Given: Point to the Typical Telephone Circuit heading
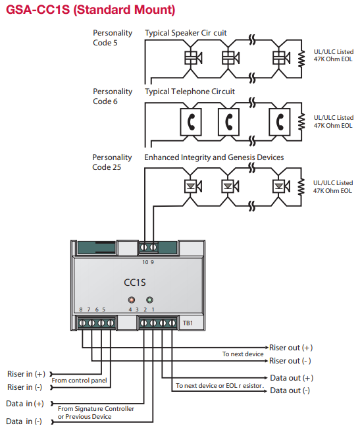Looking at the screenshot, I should [190, 92].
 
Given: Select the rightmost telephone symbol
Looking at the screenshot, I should [281, 121].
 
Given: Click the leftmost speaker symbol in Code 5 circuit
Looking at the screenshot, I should [192, 58].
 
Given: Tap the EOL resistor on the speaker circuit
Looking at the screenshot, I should [301, 58].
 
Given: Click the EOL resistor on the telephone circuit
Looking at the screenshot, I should [301, 121].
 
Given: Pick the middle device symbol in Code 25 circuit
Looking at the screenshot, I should [228, 186].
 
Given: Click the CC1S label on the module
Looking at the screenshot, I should [135, 282].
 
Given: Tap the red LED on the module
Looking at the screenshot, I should [133, 301].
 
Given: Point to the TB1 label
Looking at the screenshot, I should [187, 323].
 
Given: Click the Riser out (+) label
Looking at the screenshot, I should [291, 347].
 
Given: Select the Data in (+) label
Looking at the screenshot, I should [25, 403].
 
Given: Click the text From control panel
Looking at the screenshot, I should [80, 381].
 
